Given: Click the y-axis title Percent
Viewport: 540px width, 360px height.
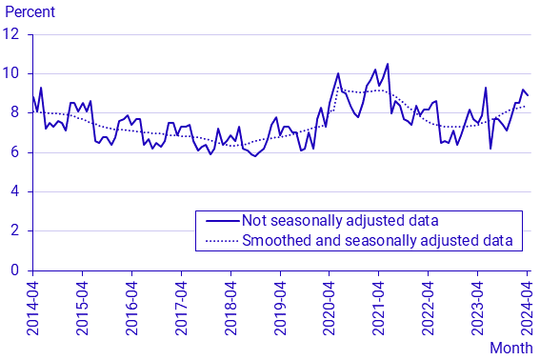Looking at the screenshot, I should (30, 12).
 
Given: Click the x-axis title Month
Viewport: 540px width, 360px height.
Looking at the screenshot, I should (510, 348).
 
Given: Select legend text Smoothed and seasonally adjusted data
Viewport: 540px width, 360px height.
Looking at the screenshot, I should (378, 241).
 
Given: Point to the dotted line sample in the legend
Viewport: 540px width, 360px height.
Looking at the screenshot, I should (219, 241).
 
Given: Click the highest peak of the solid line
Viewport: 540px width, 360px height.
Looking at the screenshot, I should (388, 64).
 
